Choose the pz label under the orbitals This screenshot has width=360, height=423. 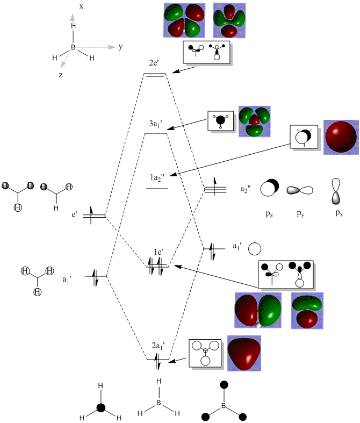pyautogui.click(x=270, y=213)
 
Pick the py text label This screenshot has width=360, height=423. pyautogui.click(x=301, y=213)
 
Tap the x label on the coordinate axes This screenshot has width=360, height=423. pyautogui.click(x=81, y=7)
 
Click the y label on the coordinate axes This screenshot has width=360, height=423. pyautogui.click(x=121, y=47)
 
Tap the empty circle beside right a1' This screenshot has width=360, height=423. pyautogui.click(x=255, y=249)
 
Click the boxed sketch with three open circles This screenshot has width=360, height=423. pyautogui.click(x=205, y=353)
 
